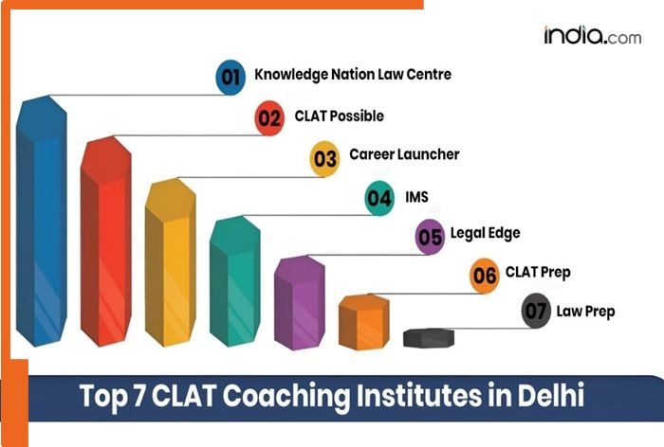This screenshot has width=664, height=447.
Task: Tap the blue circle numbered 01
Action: (x=231, y=77)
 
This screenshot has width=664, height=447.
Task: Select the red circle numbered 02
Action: (x=270, y=117)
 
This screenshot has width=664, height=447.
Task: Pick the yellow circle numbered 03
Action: (x=325, y=159)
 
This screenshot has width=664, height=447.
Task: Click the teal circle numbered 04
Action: (x=379, y=199)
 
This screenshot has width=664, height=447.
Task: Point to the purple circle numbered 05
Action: (x=431, y=237)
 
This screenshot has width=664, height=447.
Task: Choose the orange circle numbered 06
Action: (x=485, y=277)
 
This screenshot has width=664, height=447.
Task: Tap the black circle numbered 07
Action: (x=537, y=312)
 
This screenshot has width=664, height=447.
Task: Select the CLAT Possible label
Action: (x=339, y=116)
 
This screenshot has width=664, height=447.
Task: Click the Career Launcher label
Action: (x=404, y=153)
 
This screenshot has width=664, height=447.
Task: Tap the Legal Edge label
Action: (x=486, y=233)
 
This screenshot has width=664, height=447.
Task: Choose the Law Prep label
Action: (x=586, y=310)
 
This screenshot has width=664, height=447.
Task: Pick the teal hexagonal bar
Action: (x=233, y=279)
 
